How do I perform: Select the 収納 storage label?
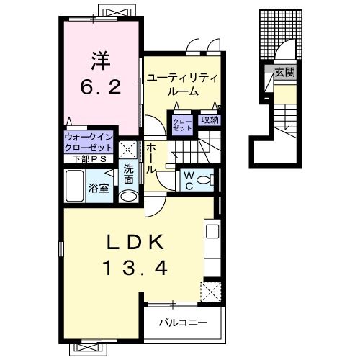[210, 120]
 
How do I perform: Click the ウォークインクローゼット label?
[89, 138]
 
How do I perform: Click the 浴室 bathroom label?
[99, 188]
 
